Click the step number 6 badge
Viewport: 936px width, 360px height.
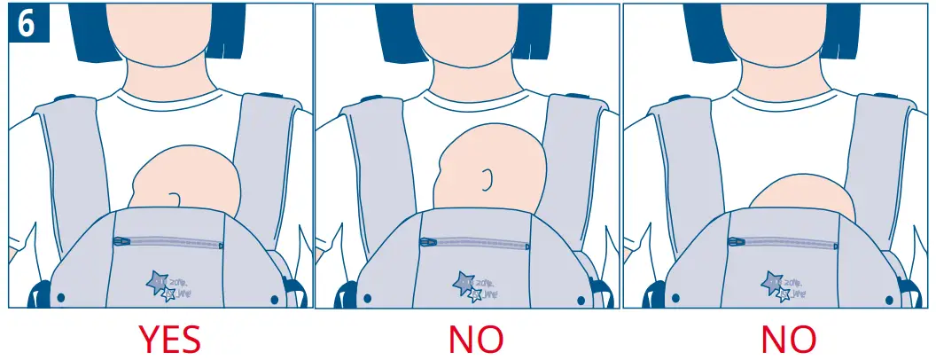point(27,24)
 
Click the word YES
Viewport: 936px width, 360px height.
point(168,339)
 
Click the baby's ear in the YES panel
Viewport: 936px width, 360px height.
point(175,200)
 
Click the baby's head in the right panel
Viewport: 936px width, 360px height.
point(802,197)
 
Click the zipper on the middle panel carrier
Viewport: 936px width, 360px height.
point(476,240)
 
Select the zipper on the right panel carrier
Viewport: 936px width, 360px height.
point(784,241)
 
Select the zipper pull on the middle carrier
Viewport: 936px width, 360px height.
point(427,239)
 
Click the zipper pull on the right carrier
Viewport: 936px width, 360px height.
point(735,240)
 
